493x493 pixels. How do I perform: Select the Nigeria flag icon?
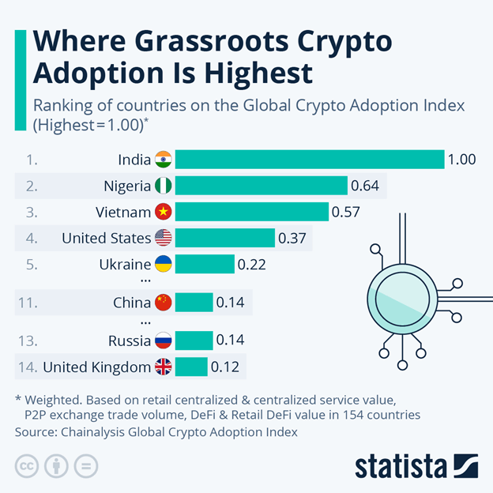coord(164,186)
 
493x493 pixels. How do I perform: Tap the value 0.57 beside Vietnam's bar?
coord(346,212)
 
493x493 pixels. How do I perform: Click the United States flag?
coord(164,238)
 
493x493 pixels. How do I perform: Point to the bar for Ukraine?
coord(205,264)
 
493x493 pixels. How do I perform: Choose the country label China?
coord(132,303)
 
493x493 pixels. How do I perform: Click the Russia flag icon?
coord(164,341)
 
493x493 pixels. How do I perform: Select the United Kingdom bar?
coord(191,367)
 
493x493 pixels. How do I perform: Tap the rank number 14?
coord(27,367)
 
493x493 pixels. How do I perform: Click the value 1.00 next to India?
coord(461,159)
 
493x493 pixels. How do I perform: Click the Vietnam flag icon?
coord(164,212)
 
